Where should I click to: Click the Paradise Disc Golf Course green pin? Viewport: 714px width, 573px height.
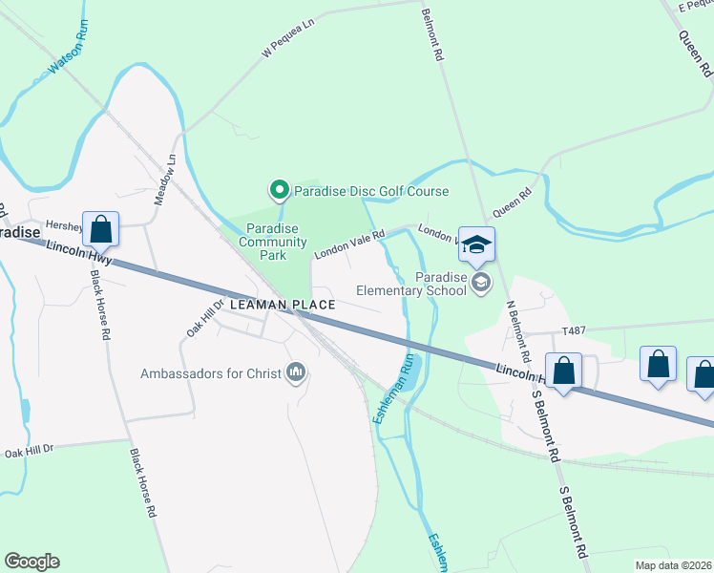279,191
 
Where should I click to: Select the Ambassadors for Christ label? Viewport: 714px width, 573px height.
211,373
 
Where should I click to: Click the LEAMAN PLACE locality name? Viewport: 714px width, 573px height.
283,305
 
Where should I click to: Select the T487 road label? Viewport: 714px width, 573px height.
573,329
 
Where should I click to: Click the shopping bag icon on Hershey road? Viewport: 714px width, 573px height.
100,230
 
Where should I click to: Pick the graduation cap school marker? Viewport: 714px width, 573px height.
476,245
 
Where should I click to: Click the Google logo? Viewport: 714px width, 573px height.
31,562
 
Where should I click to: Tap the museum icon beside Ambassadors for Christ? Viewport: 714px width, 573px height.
297,372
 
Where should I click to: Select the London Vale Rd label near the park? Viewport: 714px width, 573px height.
349,243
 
